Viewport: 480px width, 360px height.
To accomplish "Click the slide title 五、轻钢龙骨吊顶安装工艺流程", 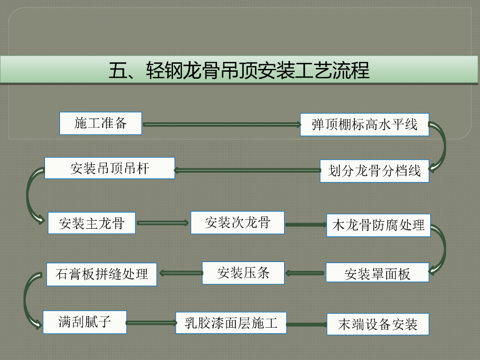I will coord(239,70).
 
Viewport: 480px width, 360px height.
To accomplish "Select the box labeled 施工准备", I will coord(100,123).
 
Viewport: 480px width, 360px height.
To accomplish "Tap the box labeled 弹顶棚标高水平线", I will coord(364,125).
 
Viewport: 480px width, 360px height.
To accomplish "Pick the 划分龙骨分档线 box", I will coord(374,171).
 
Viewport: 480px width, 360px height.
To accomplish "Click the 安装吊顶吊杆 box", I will coord(110,168).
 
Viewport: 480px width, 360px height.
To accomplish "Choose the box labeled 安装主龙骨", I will coord(91,223).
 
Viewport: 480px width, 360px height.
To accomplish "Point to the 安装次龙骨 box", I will coord(237,222).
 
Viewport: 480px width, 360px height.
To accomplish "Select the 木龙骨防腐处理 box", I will coord(378,225).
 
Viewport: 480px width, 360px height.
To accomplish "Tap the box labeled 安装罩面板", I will coord(377,273).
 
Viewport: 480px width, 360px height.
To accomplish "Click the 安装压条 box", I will coord(243,273).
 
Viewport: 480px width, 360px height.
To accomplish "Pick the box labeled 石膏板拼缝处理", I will coord(101,274).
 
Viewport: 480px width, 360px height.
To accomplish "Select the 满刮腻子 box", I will coord(84,322).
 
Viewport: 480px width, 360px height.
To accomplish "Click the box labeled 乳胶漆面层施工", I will coord(231,322).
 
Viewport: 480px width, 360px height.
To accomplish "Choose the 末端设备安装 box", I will coord(377,324).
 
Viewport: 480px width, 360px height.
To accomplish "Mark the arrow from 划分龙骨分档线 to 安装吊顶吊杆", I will coord(247,170).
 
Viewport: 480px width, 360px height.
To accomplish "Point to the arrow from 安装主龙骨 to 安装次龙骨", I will coord(163,223).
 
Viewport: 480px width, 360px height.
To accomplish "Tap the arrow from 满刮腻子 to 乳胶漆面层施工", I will coord(151,322).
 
